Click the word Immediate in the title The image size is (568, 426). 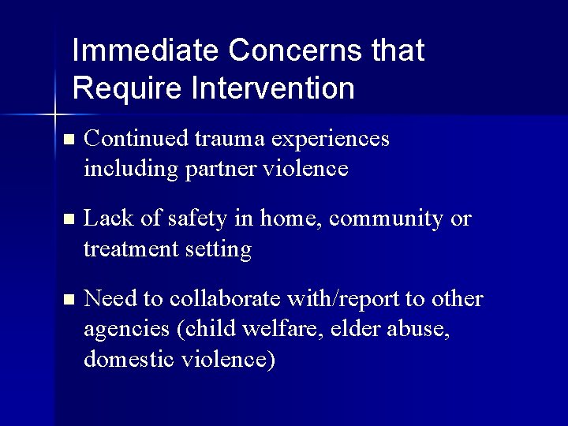(145, 51)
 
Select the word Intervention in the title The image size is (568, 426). (272, 88)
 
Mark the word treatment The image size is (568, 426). (132, 249)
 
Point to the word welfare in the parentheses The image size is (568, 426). (276, 330)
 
